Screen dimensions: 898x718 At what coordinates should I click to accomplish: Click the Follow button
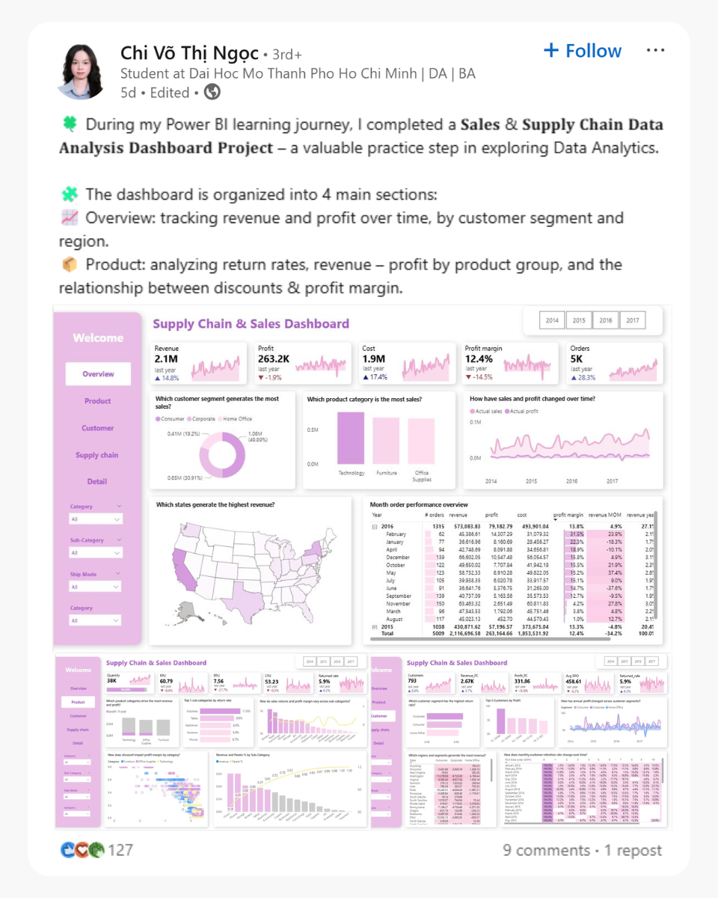(x=583, y=51)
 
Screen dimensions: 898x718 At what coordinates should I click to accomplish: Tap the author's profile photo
(x=82, y=71)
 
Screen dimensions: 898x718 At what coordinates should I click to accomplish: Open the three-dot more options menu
(x=655, y=50)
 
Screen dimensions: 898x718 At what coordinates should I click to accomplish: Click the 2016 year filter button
(x=605, y=320)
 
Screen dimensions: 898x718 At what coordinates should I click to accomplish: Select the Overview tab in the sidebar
(x=98, y=374)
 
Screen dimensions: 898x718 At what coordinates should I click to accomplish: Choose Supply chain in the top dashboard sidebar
(x=97, y=455)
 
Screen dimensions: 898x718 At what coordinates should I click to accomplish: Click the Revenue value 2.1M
(x=165, y=360)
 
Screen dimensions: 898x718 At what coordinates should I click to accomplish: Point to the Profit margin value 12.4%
(x=479, y=360)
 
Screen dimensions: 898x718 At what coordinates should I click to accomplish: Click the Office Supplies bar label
(x=422, y=476)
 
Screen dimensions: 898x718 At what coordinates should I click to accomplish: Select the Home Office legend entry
(x=238, y=419)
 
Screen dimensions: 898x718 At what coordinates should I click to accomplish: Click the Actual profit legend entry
(x=524, y=412)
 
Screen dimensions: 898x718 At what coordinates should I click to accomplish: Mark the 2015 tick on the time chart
(x=531, y=481)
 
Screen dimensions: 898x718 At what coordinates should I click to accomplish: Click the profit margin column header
(x=568, y=515)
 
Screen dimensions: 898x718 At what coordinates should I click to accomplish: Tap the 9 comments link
(x=546, y=850)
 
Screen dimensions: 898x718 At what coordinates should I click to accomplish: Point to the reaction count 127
(x=120, y=850)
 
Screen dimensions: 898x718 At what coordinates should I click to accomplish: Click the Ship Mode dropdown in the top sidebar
(x=95, y=587)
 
